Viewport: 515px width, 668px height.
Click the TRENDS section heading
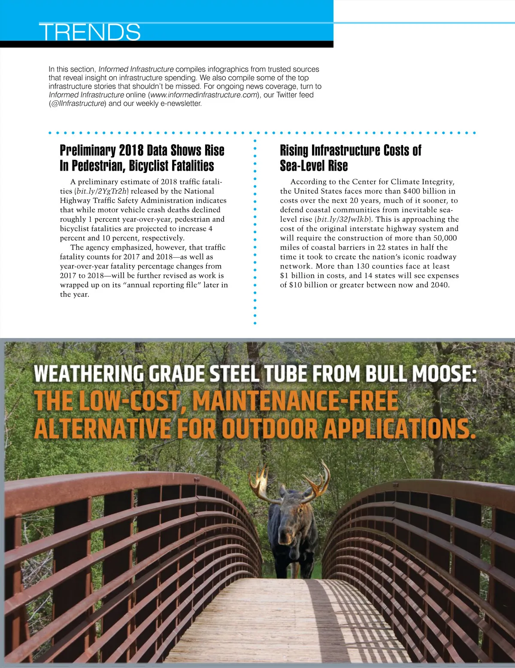pyautogui.click(x=90, y=32)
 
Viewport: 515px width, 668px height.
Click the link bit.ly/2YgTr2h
pyautogui.click(x=102, y=191)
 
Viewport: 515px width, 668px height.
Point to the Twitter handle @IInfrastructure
pyautogui.click(x=77, y=103)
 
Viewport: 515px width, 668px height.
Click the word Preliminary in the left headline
pyautogui.click(x=88, y=150)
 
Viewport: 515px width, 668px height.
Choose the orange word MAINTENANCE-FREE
pyautogui.click(x=296, y=401)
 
